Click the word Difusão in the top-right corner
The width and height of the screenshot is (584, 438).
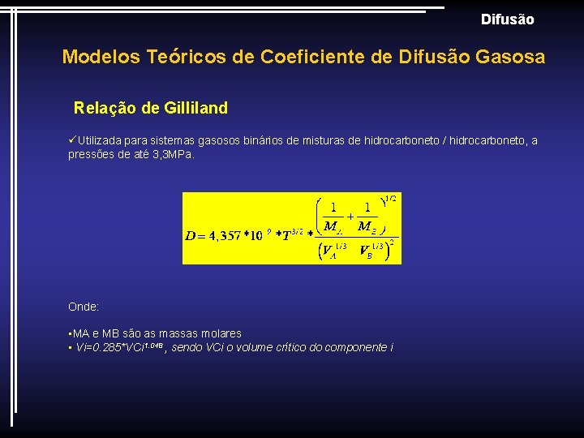pos(507,19)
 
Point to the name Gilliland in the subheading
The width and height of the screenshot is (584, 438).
pos(195,108)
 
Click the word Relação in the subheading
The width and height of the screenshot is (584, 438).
pos(101,108)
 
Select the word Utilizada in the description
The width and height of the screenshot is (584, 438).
pos(102,141)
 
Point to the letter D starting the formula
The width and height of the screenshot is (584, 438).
pos(191,236)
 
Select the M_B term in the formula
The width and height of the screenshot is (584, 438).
pos(367,225)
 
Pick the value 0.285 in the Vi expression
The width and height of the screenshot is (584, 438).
pos(107,347)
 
